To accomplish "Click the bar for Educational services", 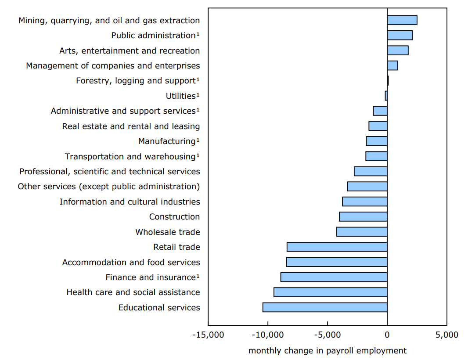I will click(x=325, y=307).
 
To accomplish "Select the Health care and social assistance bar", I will click(x=330, y=292).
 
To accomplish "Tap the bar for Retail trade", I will click(x=337, y=247).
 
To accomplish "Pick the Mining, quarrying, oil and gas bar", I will click(x=402, y=20).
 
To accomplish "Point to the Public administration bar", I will click(x=400, y=36).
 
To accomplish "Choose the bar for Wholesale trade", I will click(x=362, y=232).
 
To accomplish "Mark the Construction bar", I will click(x=363, y=217).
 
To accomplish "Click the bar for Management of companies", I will click(x=392, y=66).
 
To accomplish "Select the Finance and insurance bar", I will click(x=334, y=277).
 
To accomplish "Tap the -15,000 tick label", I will click(x=208, y=335).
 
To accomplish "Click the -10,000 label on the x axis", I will click(x=268, y=335).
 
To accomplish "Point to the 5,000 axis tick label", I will click(x=447, y=335).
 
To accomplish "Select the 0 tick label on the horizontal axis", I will click(x=387, y=335).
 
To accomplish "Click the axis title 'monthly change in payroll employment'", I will click(x=328, y=351).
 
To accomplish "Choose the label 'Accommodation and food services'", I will click(x=131, y=263).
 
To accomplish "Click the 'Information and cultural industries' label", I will click(x=130, y=202).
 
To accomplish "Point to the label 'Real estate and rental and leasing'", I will click(x=131, y=126).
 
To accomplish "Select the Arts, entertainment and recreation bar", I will click(x=398, y=50).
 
